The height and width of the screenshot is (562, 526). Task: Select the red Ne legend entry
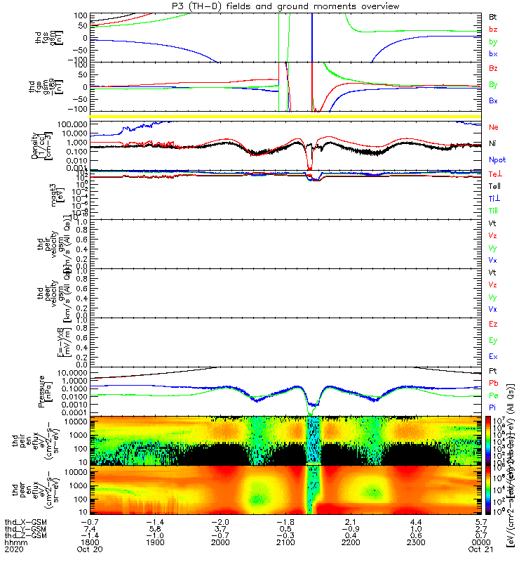pyautogui.click(x=493, y=127)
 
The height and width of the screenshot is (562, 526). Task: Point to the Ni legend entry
pyautogui.click(x=492, y=143)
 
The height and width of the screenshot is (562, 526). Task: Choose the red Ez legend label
pyautogui.click(x=493, y=325)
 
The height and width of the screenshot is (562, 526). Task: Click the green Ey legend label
pyautogui.click(x=493, y=341)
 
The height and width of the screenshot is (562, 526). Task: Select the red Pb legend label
pyautogui.click(x=493, y=383)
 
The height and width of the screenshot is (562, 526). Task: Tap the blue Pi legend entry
pyautogui.click(x=492, y=407)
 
